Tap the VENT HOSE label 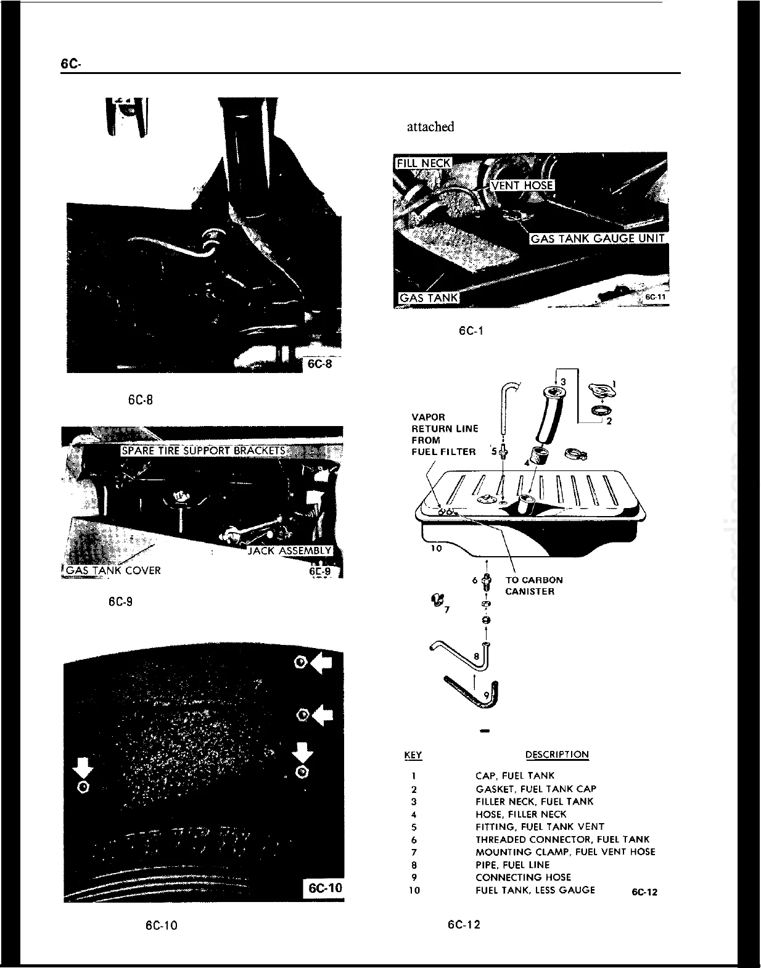click(x=522, y=186)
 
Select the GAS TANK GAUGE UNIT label click(x=599, y=239)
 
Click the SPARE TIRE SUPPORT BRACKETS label click(x=204, y=450)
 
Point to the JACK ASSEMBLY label click(x=289, y=551)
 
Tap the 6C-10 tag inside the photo click(x=325, y=888)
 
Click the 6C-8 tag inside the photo click(x=320, y=364)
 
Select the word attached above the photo click(x=430, y=127)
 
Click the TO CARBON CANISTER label click(x=533, y=586)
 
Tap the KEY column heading click(x=413, y=755)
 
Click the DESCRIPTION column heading click(x=557, y=755)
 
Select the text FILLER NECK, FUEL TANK click(x=534, y=802)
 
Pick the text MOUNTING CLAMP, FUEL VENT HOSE click(x=565, y=851)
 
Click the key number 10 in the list click(x=414, y=890)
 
